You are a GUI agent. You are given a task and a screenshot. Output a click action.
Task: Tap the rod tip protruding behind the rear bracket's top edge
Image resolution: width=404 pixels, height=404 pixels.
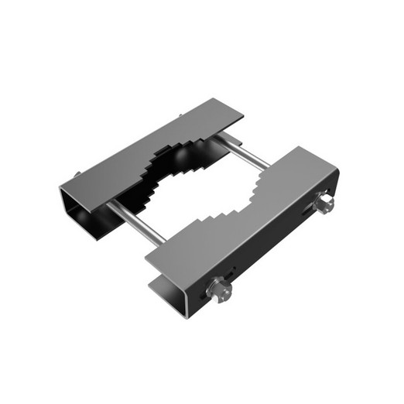[180, 116]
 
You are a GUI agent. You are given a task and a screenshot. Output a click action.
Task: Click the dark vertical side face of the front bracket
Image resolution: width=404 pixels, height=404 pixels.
[271, 248]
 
